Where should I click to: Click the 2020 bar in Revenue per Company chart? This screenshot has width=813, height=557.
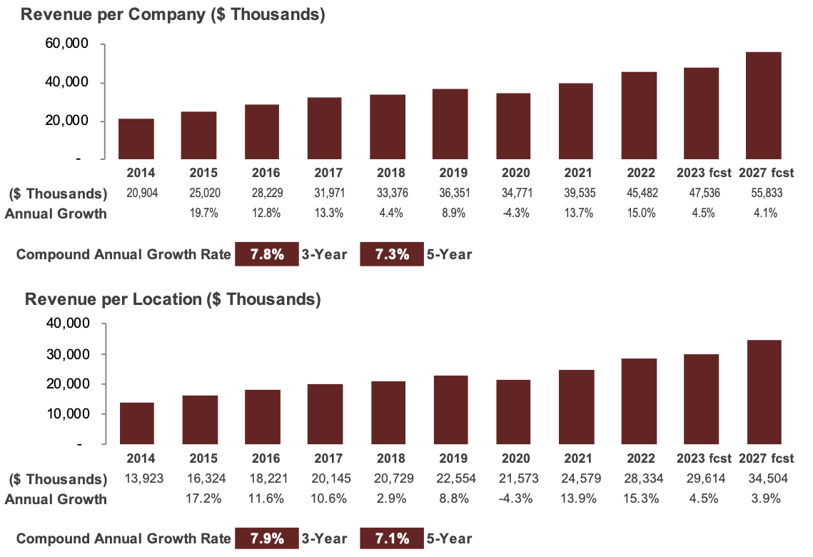point(512,126)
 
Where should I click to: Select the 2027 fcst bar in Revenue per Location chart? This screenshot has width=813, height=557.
point(764,392)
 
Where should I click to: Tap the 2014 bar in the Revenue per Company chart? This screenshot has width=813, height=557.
point(136,139)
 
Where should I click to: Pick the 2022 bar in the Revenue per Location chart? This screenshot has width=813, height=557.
point(638,401)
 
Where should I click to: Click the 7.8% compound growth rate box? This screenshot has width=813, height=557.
point(266,254)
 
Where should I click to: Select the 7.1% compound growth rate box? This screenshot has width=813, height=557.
point(392,538)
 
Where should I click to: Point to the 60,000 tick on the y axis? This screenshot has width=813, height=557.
point(66,44)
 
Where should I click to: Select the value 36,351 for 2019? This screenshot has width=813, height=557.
point(450,194)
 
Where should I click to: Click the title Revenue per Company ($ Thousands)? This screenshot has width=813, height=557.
point(172,14)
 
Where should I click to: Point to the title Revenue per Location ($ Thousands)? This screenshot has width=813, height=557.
point(172,299)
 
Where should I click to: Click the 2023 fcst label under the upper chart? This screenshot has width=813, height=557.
point(701,173)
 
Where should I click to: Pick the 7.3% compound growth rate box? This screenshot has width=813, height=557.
point(392,254)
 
